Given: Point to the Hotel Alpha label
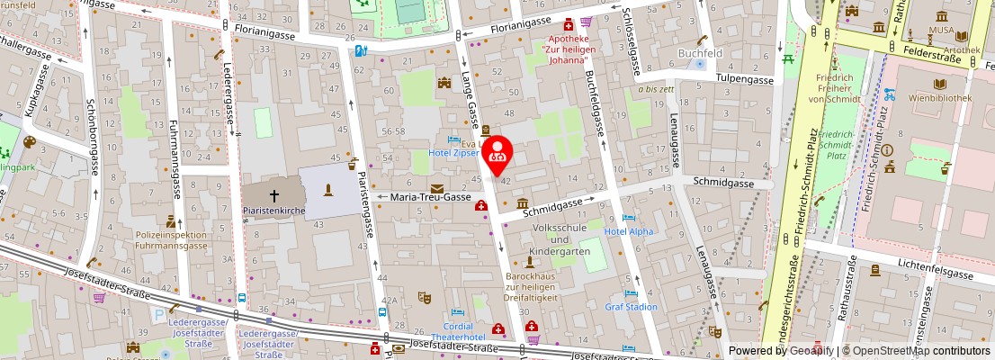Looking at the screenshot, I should pyautogui.click(x=629, y=231).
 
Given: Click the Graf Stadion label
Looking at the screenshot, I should pyautogui.click(x=631, y=307).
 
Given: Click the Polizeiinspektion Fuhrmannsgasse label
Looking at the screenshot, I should pyautogui.click(x=170, y=238).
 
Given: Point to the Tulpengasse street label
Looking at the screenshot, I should pyautogui.click(x=745, y=79).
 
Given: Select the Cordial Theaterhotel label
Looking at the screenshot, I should pyautogui.click(x=458, y=331).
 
